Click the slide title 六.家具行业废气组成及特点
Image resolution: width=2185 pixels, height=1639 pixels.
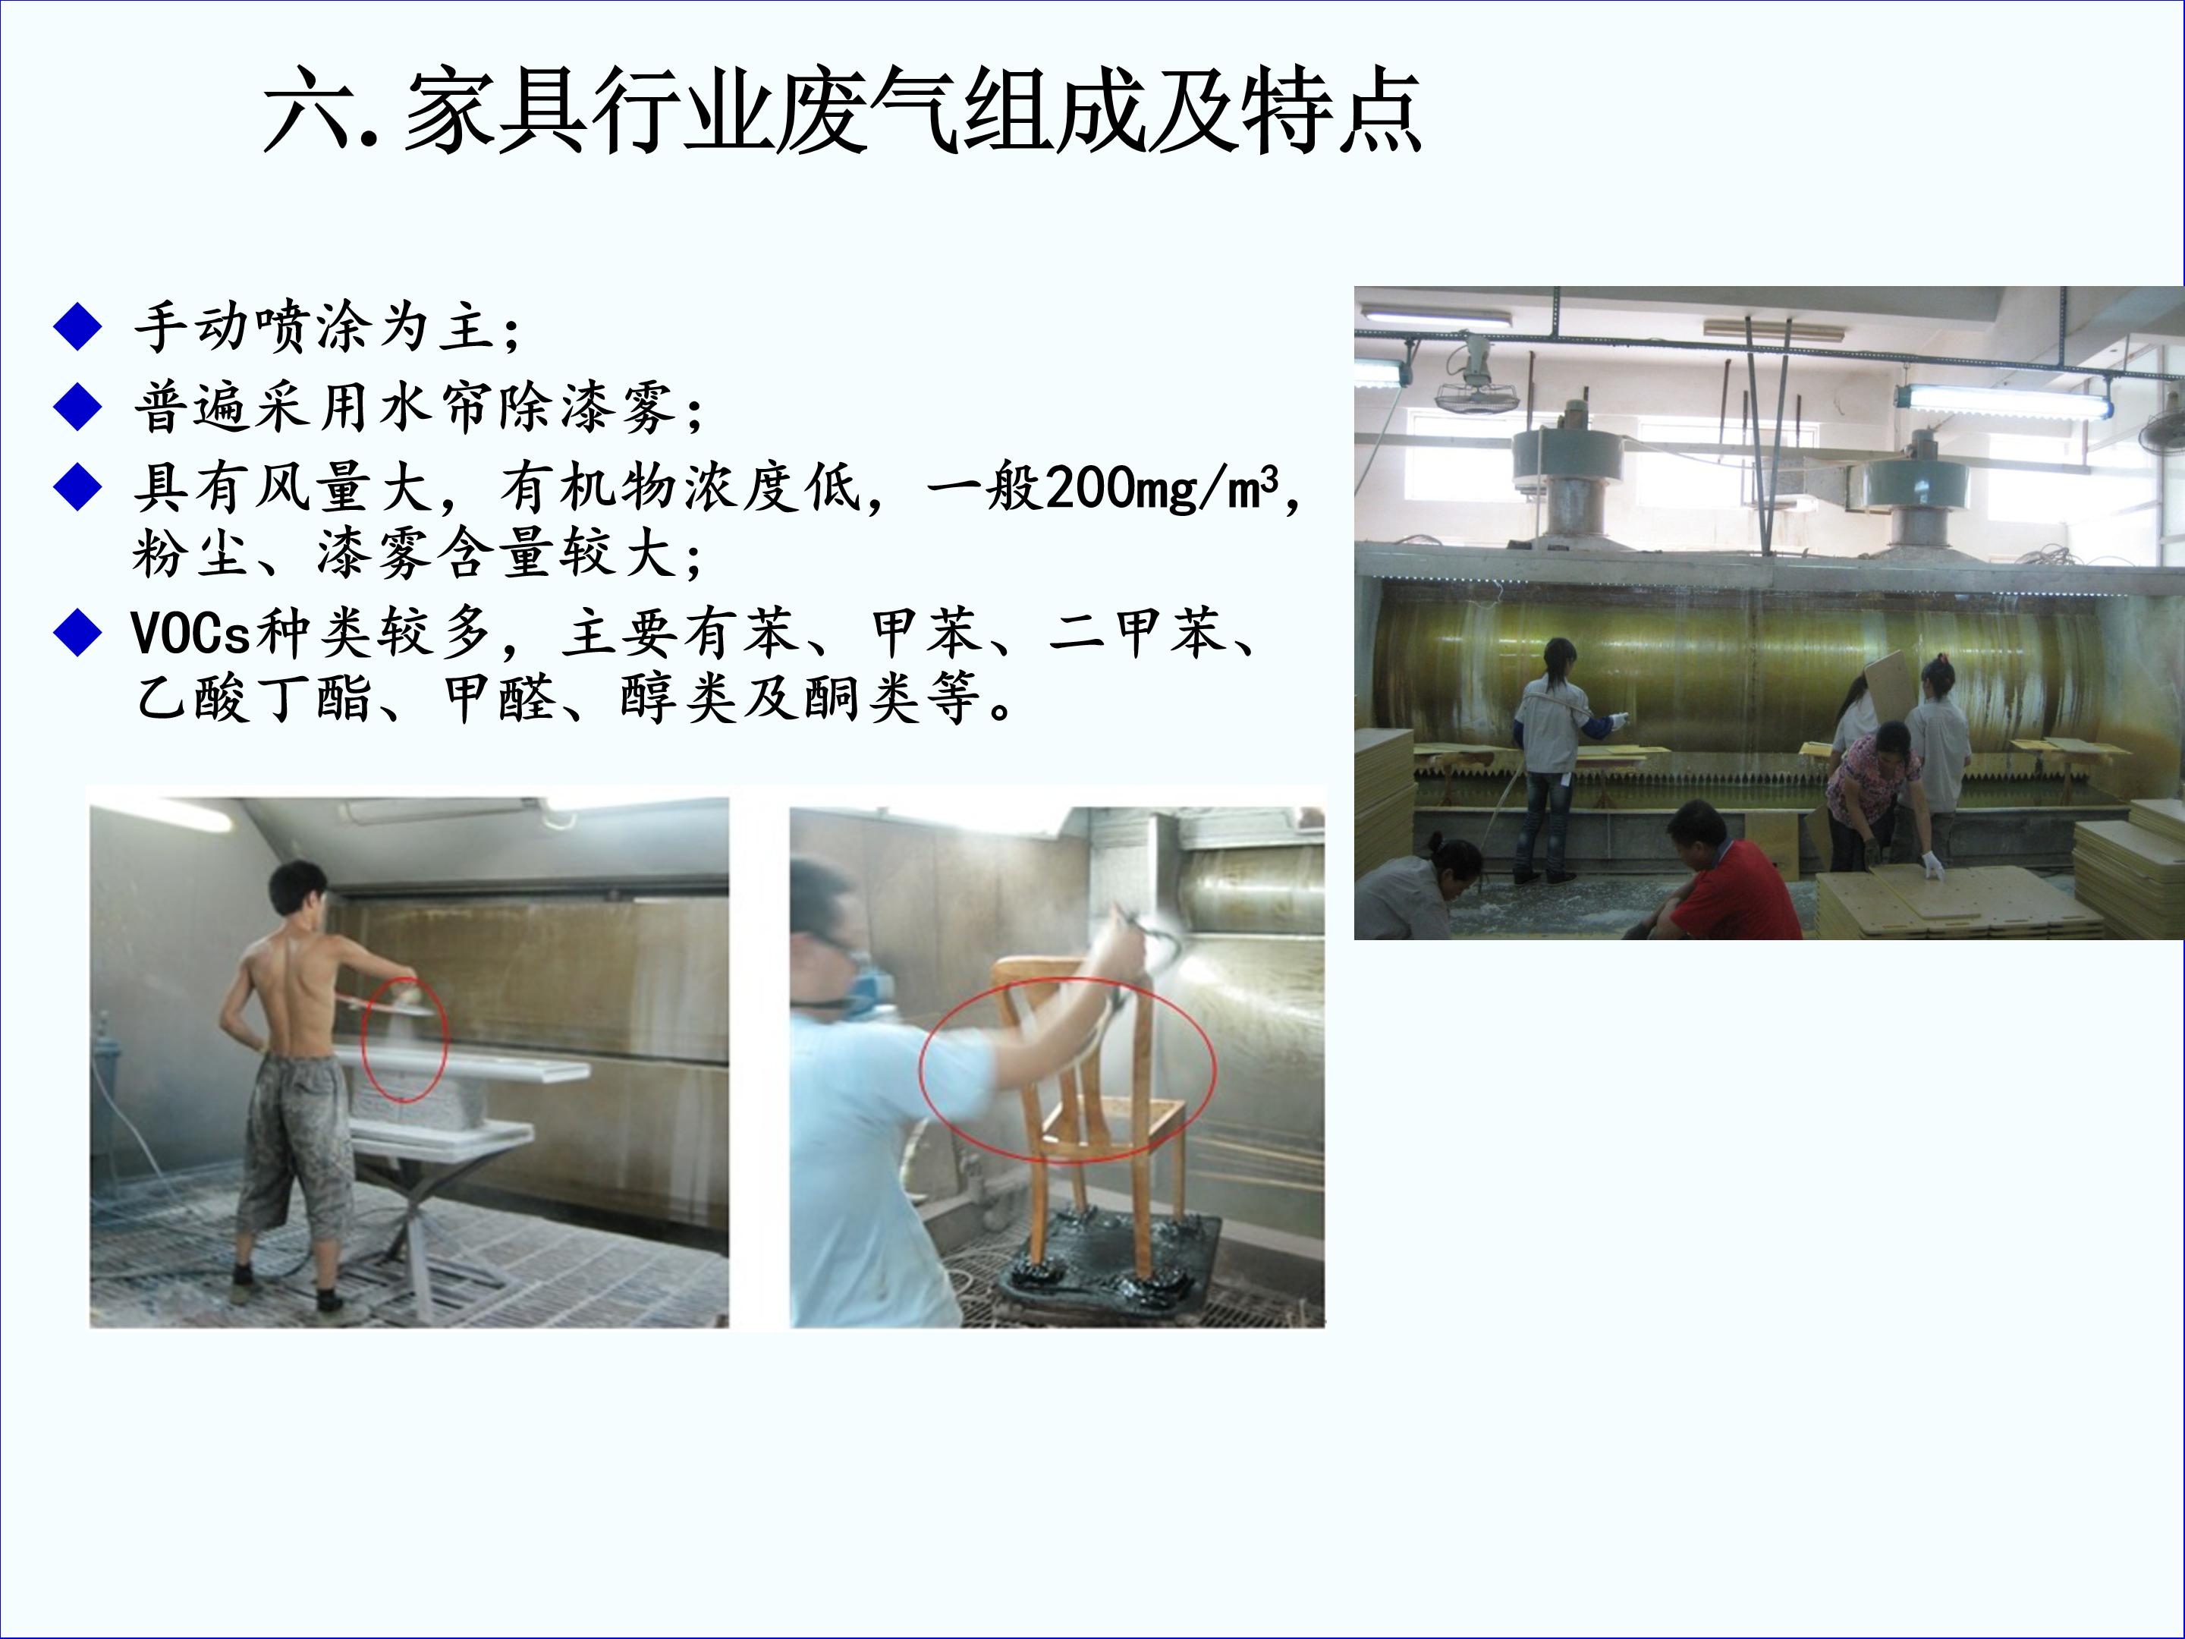(841, 111)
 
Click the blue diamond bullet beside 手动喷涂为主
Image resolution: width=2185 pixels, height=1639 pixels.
(78, 327)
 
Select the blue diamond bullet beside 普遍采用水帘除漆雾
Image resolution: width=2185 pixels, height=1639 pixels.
(78, 406)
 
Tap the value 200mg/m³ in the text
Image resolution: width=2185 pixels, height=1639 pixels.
(1162, 487)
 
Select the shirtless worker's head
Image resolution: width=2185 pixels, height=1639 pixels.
(298, 890)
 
